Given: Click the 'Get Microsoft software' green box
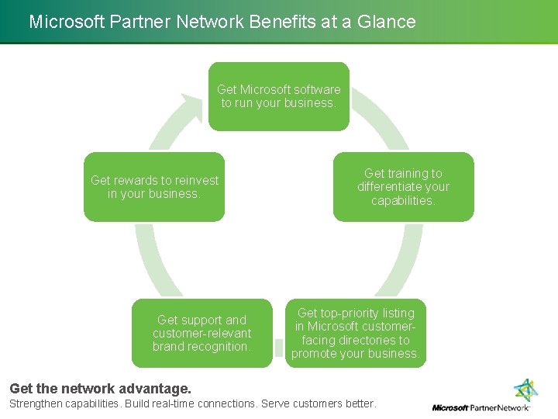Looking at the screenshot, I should click(279, 96).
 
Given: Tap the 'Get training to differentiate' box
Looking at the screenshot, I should click(403, 187).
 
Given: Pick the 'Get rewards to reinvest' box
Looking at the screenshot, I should click(154, 187).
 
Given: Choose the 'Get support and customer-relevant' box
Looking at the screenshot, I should click(201, 333).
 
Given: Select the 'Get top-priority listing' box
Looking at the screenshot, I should click(356, 333).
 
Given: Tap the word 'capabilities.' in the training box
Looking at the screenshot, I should click(403, 201).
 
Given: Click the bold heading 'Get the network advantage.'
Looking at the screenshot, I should click(99, 388).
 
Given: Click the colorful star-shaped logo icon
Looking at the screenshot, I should click(526, 390).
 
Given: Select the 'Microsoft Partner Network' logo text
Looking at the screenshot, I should click(480, 407).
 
